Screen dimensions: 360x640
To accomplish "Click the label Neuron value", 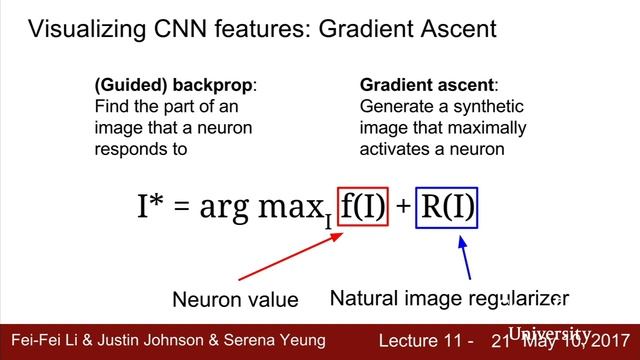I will (236, 299).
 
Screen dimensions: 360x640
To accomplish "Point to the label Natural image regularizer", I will (448, 298).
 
